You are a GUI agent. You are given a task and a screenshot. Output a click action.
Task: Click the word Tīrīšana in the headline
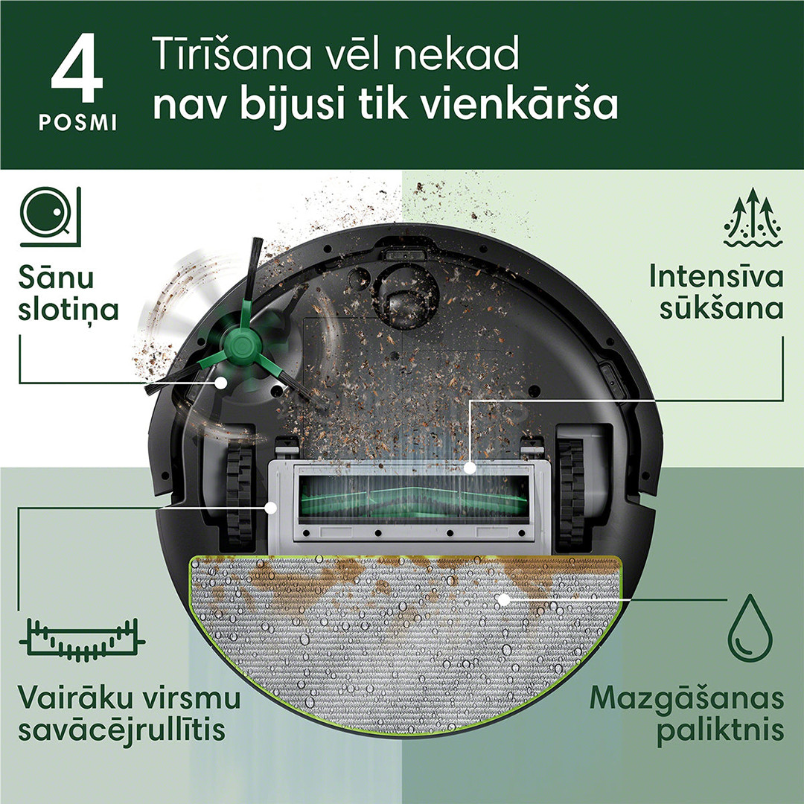click(223, 57)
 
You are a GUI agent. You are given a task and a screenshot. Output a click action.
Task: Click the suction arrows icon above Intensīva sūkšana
click(752, 217)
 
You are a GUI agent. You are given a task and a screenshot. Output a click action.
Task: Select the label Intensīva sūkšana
click(716, 292)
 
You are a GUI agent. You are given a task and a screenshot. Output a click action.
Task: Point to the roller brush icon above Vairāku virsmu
click(82, 638)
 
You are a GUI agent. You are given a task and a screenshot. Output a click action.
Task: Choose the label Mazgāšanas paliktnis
click(687, 715)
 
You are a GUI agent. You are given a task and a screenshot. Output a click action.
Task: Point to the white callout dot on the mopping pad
click(503, 599)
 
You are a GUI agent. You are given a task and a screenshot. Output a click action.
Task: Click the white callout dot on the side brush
click(221, 382)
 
